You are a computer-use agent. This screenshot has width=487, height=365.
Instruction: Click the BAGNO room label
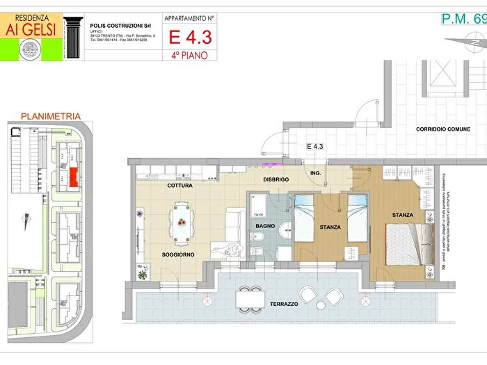coord(265,227)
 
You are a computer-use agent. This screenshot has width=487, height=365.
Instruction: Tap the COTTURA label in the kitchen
coord(179,186)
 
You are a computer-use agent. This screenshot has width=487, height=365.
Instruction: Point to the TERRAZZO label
coord(285,305)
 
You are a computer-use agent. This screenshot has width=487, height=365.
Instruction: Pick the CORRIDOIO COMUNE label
coord(443,129)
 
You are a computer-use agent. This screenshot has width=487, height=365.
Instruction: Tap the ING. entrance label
coord(315,172)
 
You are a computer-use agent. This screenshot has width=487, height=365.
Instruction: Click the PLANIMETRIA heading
coord(51,116)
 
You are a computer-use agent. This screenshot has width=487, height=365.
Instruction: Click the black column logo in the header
coord(73,37)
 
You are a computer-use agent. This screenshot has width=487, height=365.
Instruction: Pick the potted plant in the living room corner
coord(143,275)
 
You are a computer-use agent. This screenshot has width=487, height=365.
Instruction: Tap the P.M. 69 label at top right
coord(461,19)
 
